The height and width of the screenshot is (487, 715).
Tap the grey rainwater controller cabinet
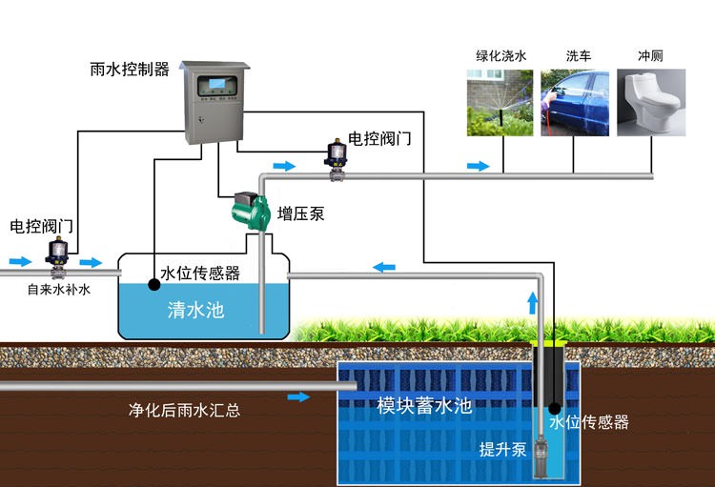tap(216, 106)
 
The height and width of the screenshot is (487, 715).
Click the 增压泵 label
tap(301, 213)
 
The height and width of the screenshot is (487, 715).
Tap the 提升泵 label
tap(502, 450)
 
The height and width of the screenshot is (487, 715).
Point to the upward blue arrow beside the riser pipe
tap(532, 304)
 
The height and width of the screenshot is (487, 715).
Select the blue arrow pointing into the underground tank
tap(299, 396)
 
